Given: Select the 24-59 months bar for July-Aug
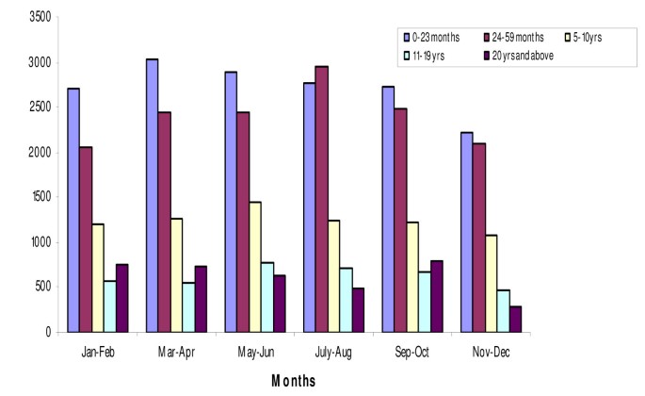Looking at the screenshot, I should tap(321, 199).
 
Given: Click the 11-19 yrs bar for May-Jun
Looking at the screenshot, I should tap(267, 297).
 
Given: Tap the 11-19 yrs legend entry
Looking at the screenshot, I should tap(428, 54).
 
